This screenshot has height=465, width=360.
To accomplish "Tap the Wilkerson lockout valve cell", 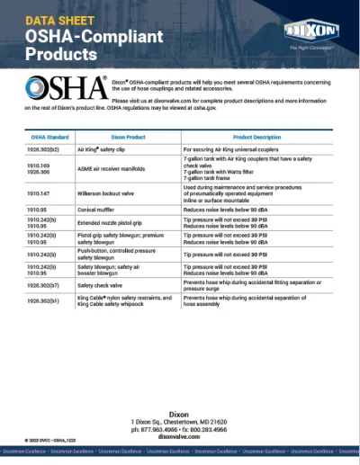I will (113, 192).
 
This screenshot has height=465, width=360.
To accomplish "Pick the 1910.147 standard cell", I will (40, 192).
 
